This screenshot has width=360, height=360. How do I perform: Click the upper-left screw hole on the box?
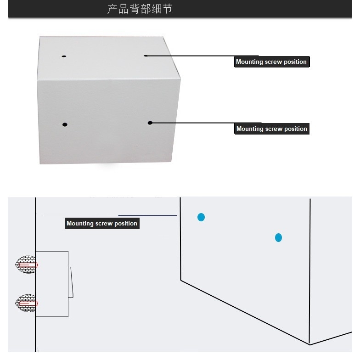click(x=64, y=56)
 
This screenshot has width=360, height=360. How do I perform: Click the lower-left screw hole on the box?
click(x=65, y=125)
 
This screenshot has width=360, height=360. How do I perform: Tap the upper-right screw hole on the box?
click(x=146, y=56)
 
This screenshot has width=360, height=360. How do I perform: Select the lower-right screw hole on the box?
click(x=150, y=123)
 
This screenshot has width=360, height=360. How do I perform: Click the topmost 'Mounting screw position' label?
click(x=272, y=62)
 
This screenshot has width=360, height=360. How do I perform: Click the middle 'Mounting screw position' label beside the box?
click(x=272, y=129)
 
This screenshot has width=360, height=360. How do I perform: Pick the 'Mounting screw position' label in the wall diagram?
click(x=102, y=223)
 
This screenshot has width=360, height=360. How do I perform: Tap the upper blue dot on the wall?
click(x=201, y=217)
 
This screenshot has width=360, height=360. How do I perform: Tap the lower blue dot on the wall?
click(x=278, y=238)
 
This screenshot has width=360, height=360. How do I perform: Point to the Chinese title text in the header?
click(x=140, y=9)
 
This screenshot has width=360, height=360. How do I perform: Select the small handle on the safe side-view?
click(x=71, y=282)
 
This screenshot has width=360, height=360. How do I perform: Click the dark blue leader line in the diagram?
click(x=148, y=216)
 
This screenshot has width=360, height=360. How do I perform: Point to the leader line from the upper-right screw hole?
click(x=202, y=56)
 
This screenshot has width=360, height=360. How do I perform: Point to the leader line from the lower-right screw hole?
click(x=206, y=123)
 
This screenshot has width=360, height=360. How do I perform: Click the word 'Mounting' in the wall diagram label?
click(x=80, y=224)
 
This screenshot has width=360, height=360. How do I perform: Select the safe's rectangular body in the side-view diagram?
click(x=52, y=284)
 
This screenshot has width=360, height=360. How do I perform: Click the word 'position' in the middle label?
click(x=296, y=129)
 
